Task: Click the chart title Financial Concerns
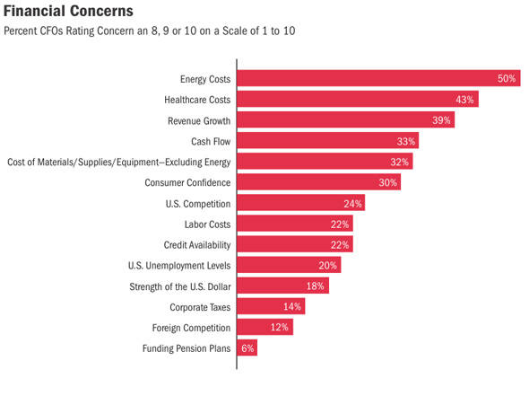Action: pyautogui.click(x=68, y=11)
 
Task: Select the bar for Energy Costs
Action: pyautogui.click(x=379, y=78)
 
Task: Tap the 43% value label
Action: pyautogui.click(x=464, y=100)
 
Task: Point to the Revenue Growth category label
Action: pyautogui.click(x=199, y=120)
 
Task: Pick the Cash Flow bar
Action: pyautogui.click(x=328, y=140)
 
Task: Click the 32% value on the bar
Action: pyautogui.click(x=400, y=162)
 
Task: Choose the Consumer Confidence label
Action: pyautogui.click(x=187, y=182)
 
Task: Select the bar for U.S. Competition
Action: pyautogui.click(x=301, y=202)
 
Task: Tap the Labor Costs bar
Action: pyautogui.click(x=295, y=224)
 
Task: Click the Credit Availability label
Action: pyautogui.click(x=197, y=245)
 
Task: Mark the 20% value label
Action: pyautogui.click(x=327, y=265)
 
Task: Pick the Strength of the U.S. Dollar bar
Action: pyautogui.click(x=283, y=286)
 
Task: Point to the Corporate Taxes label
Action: pyautogui.click(x=200, y=307)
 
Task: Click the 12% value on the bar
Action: pyautogui.click(x=280, y=327)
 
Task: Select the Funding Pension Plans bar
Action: pyautogui.click(x=247, y=348)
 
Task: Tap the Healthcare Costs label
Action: pyautogui.click(x=197, y=100)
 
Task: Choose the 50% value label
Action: pyautogui.click(x=507, y=78)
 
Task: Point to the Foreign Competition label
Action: pyautogui.click(x=191, y=328)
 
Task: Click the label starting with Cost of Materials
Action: pyautogui.click(x=119, y=163)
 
